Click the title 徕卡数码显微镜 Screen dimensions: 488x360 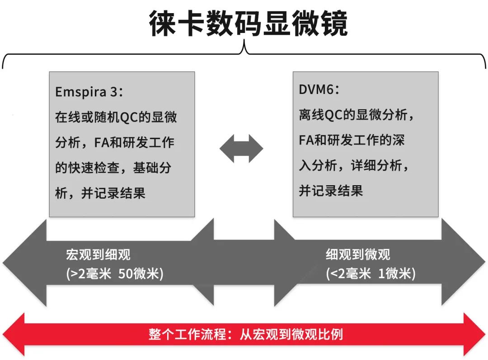248,23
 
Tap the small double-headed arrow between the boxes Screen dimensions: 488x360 241,149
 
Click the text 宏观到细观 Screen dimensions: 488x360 98,254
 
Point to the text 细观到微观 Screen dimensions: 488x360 358,254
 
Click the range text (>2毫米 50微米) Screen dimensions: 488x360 114,274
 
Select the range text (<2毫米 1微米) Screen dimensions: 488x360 371,274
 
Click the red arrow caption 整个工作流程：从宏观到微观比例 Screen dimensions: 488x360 245,335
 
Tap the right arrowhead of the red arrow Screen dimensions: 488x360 474,335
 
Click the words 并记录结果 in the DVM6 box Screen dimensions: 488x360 331,191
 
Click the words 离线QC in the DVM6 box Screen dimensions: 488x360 321,115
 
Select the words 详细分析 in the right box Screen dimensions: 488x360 376,165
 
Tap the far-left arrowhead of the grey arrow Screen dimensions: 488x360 25,263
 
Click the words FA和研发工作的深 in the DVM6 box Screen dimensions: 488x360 352,140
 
